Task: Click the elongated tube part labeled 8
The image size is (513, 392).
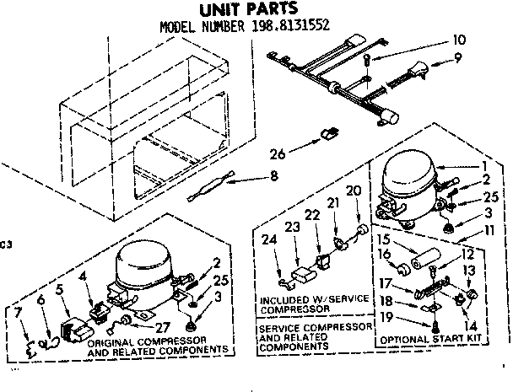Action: click(x=208, y=189)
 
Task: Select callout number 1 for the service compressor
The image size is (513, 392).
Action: click(x=484, y=166)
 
